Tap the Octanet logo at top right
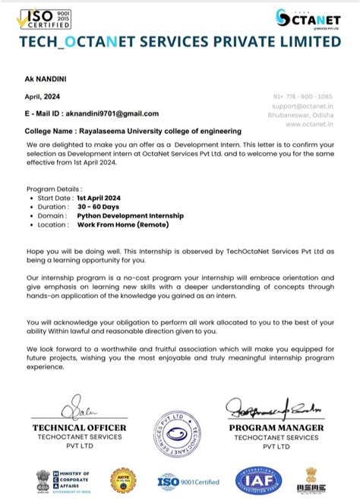pyautogui.click(x=308, y=18)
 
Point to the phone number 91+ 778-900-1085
pyautogui.click(x=302, y=97)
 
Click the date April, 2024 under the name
pyautogui.click(x=42, y=97)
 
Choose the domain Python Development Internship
pyautogui.click(x=130, y=216)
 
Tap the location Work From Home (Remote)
pyautogui.click(x=123, y=225)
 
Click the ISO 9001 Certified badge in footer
pyautogui.click(x=188, y=481)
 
